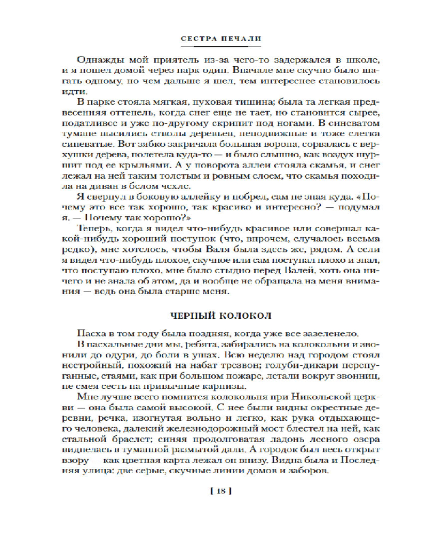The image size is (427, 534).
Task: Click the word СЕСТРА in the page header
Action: pyautogui.click(x=195, y=40)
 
